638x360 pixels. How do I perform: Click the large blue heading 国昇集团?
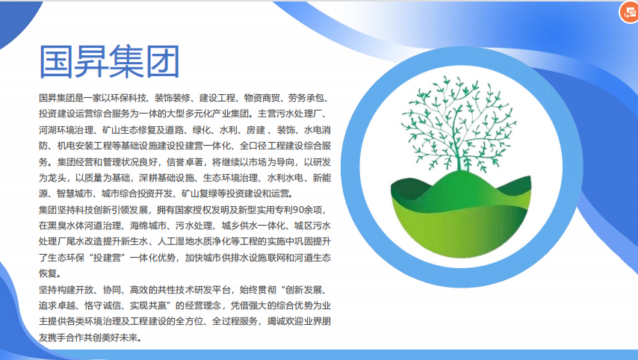pyautogui.click(x=110, y=62)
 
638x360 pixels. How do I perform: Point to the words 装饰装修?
pyautogui.click(x=173, y=98)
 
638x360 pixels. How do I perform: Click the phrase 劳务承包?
pyautogui.click(x=306, y=98)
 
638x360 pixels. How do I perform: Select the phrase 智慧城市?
pyautogui.click(x=75, y=193)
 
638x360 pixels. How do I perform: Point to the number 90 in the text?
pyautogui.click(x=298, y=210)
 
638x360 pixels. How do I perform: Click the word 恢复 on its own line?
pyautogui.click(x=48, y=274)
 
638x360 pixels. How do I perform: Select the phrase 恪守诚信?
pyautogui.click(x=102, y=305)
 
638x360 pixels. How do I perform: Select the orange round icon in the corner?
pyautogui.click(x=629, y=12)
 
